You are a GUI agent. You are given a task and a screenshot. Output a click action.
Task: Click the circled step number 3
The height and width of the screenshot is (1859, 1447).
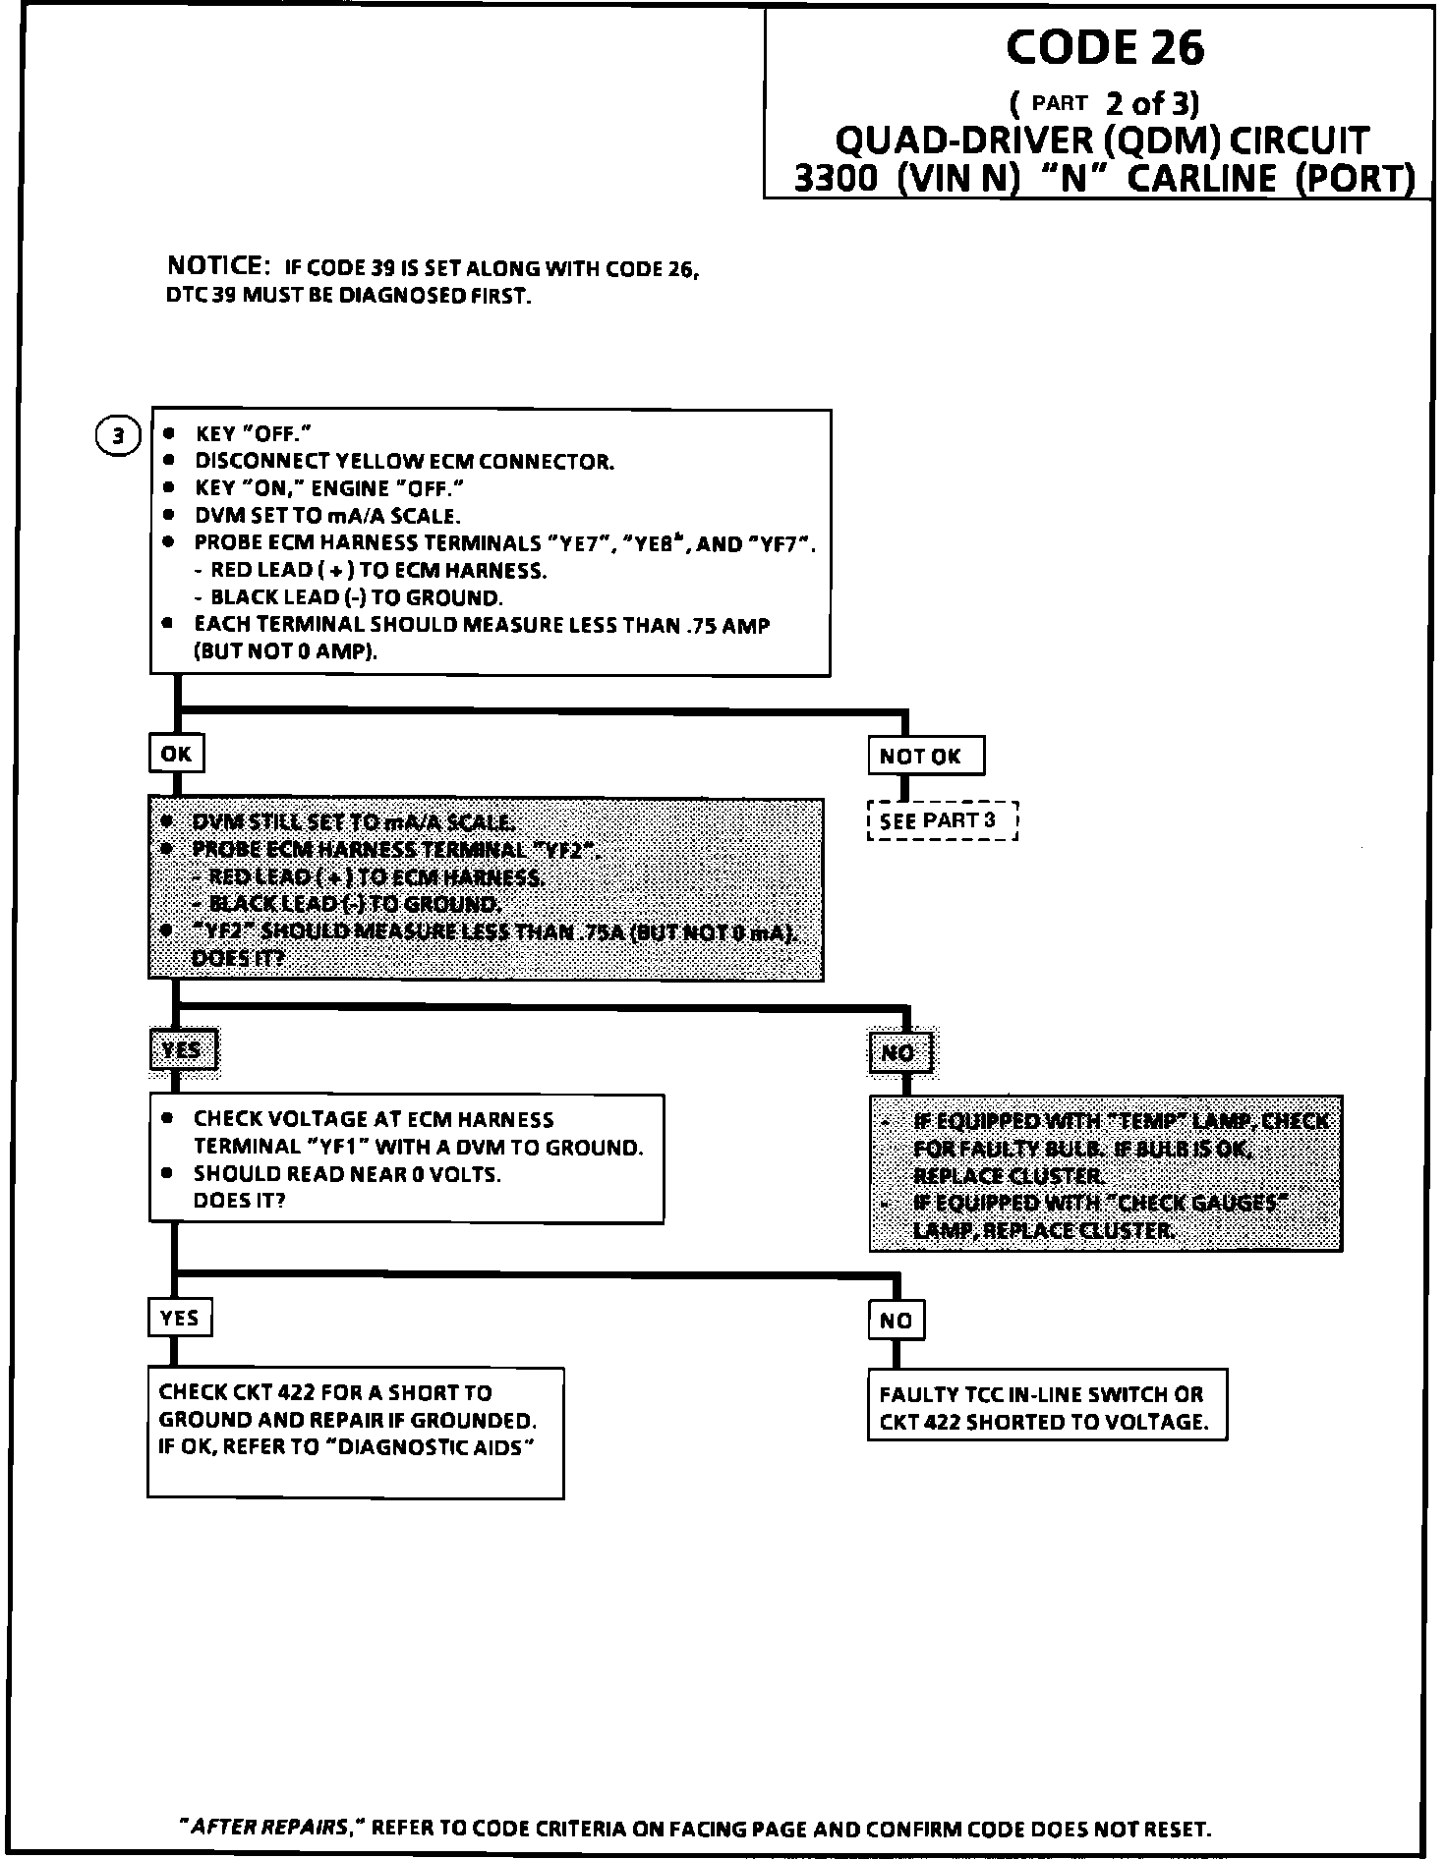click(118, 434)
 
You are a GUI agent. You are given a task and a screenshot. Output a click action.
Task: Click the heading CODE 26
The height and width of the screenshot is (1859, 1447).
click(1105, 48)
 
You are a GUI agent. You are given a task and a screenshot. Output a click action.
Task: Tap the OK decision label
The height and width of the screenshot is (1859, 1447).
click(177, 754)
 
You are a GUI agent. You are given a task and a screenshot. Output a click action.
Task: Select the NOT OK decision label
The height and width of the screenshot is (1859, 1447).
click(926, 757)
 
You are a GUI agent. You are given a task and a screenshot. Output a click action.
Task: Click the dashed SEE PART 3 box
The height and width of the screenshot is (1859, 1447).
click(942, 820)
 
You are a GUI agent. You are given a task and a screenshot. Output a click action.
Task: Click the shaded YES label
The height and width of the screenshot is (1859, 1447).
click(182, 1050)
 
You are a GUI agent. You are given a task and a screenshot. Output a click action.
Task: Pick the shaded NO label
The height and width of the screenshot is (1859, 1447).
click(897, 1053)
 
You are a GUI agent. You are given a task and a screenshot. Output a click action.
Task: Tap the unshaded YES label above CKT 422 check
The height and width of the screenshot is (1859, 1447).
click(180, 1318)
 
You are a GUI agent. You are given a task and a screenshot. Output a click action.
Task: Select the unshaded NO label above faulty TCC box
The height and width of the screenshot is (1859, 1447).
click(897, 1321)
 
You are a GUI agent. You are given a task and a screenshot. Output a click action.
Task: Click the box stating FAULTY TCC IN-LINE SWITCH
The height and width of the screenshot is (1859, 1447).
click(1047, 1408)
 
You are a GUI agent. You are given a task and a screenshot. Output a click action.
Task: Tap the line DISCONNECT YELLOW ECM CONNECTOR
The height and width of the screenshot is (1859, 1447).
click(404, 461)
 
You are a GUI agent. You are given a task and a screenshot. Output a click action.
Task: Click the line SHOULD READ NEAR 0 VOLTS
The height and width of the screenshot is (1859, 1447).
click(347, 1174)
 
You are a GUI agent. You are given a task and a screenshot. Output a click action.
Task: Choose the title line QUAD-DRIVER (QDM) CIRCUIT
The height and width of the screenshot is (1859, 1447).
click(1100, 141)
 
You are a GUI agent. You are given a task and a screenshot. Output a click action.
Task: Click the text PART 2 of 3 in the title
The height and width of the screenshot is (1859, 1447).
click(1105, 102)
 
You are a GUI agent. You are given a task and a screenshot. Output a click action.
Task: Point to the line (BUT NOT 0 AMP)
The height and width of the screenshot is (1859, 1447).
click(286, 651)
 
